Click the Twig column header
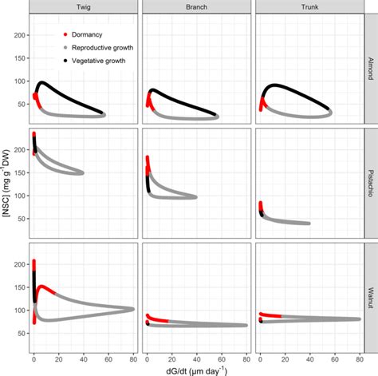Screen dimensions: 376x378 tap(81, 6)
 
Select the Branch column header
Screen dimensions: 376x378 tap(195, 6)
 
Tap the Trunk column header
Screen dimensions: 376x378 tap(309, 6)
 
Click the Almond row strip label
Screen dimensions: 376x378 tap(371, 69)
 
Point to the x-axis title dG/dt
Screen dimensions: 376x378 tap(195, 369)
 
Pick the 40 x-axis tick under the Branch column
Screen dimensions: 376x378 tap(197, 357)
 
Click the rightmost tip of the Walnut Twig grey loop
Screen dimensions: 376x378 tap(133, 308)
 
